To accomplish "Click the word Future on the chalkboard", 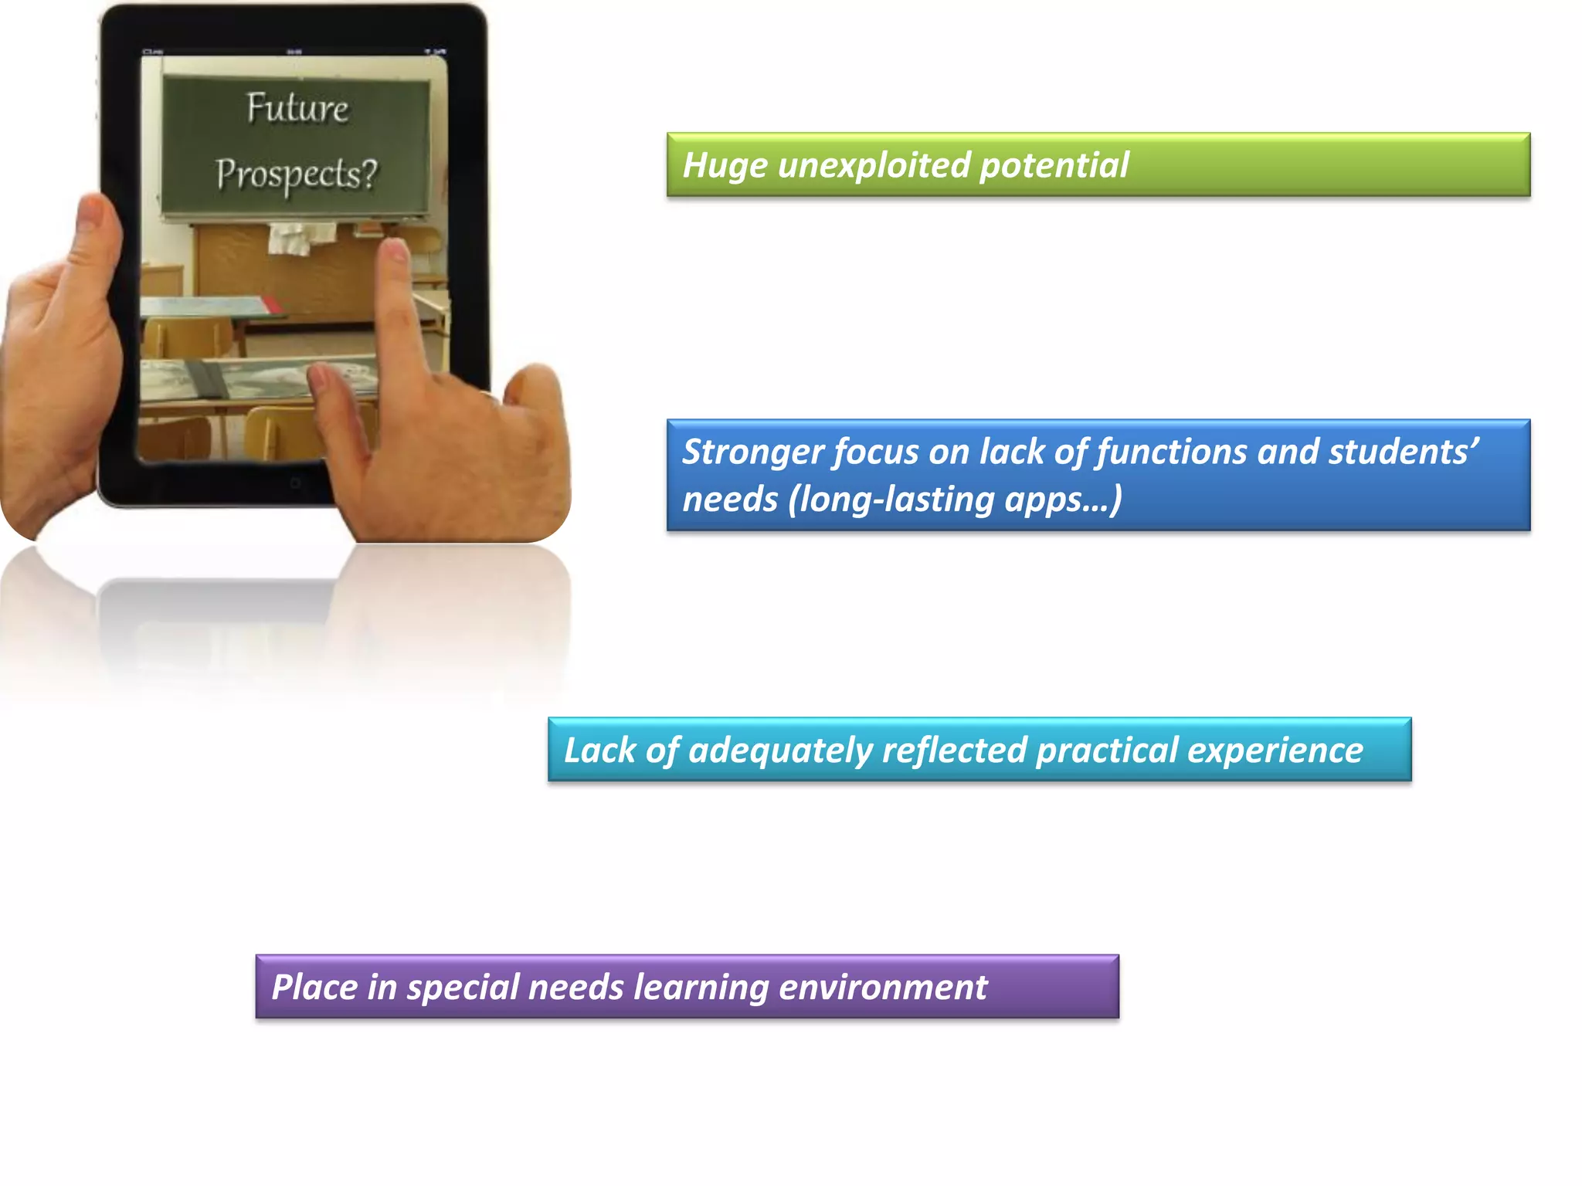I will point(297,108).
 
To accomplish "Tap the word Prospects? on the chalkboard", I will point(297,175).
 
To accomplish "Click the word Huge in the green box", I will point(725,165).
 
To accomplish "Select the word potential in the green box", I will point(1054,165).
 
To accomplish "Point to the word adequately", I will point(779,751).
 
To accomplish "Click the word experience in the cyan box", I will point(1275,751).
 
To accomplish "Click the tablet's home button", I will point(295,484).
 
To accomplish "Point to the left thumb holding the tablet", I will point(97,224).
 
